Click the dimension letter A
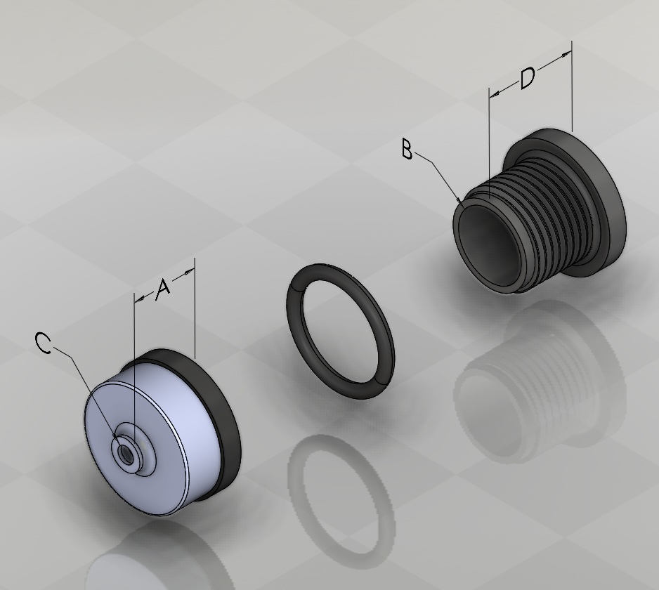162,289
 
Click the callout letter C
44,343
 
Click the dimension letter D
528,78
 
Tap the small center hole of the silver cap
125,452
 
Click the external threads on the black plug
547,218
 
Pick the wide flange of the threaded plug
605,197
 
